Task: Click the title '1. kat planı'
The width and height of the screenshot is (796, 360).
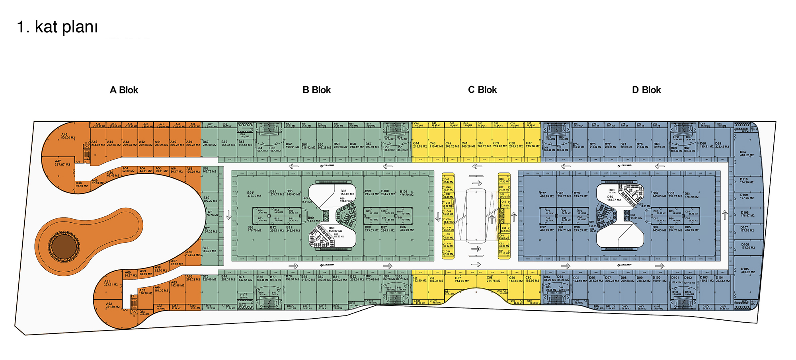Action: click(x=57, y=27)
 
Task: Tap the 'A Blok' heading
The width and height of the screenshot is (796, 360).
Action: click(x=124, y=90)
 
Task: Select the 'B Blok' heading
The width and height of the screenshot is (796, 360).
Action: click(x=316, y=90)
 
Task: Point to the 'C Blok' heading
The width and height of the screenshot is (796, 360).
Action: click(x=482, y=90)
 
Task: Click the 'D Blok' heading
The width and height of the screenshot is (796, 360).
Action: click(x=646, y=90)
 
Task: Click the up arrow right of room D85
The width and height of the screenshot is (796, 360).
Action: click(x=725, y=215)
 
